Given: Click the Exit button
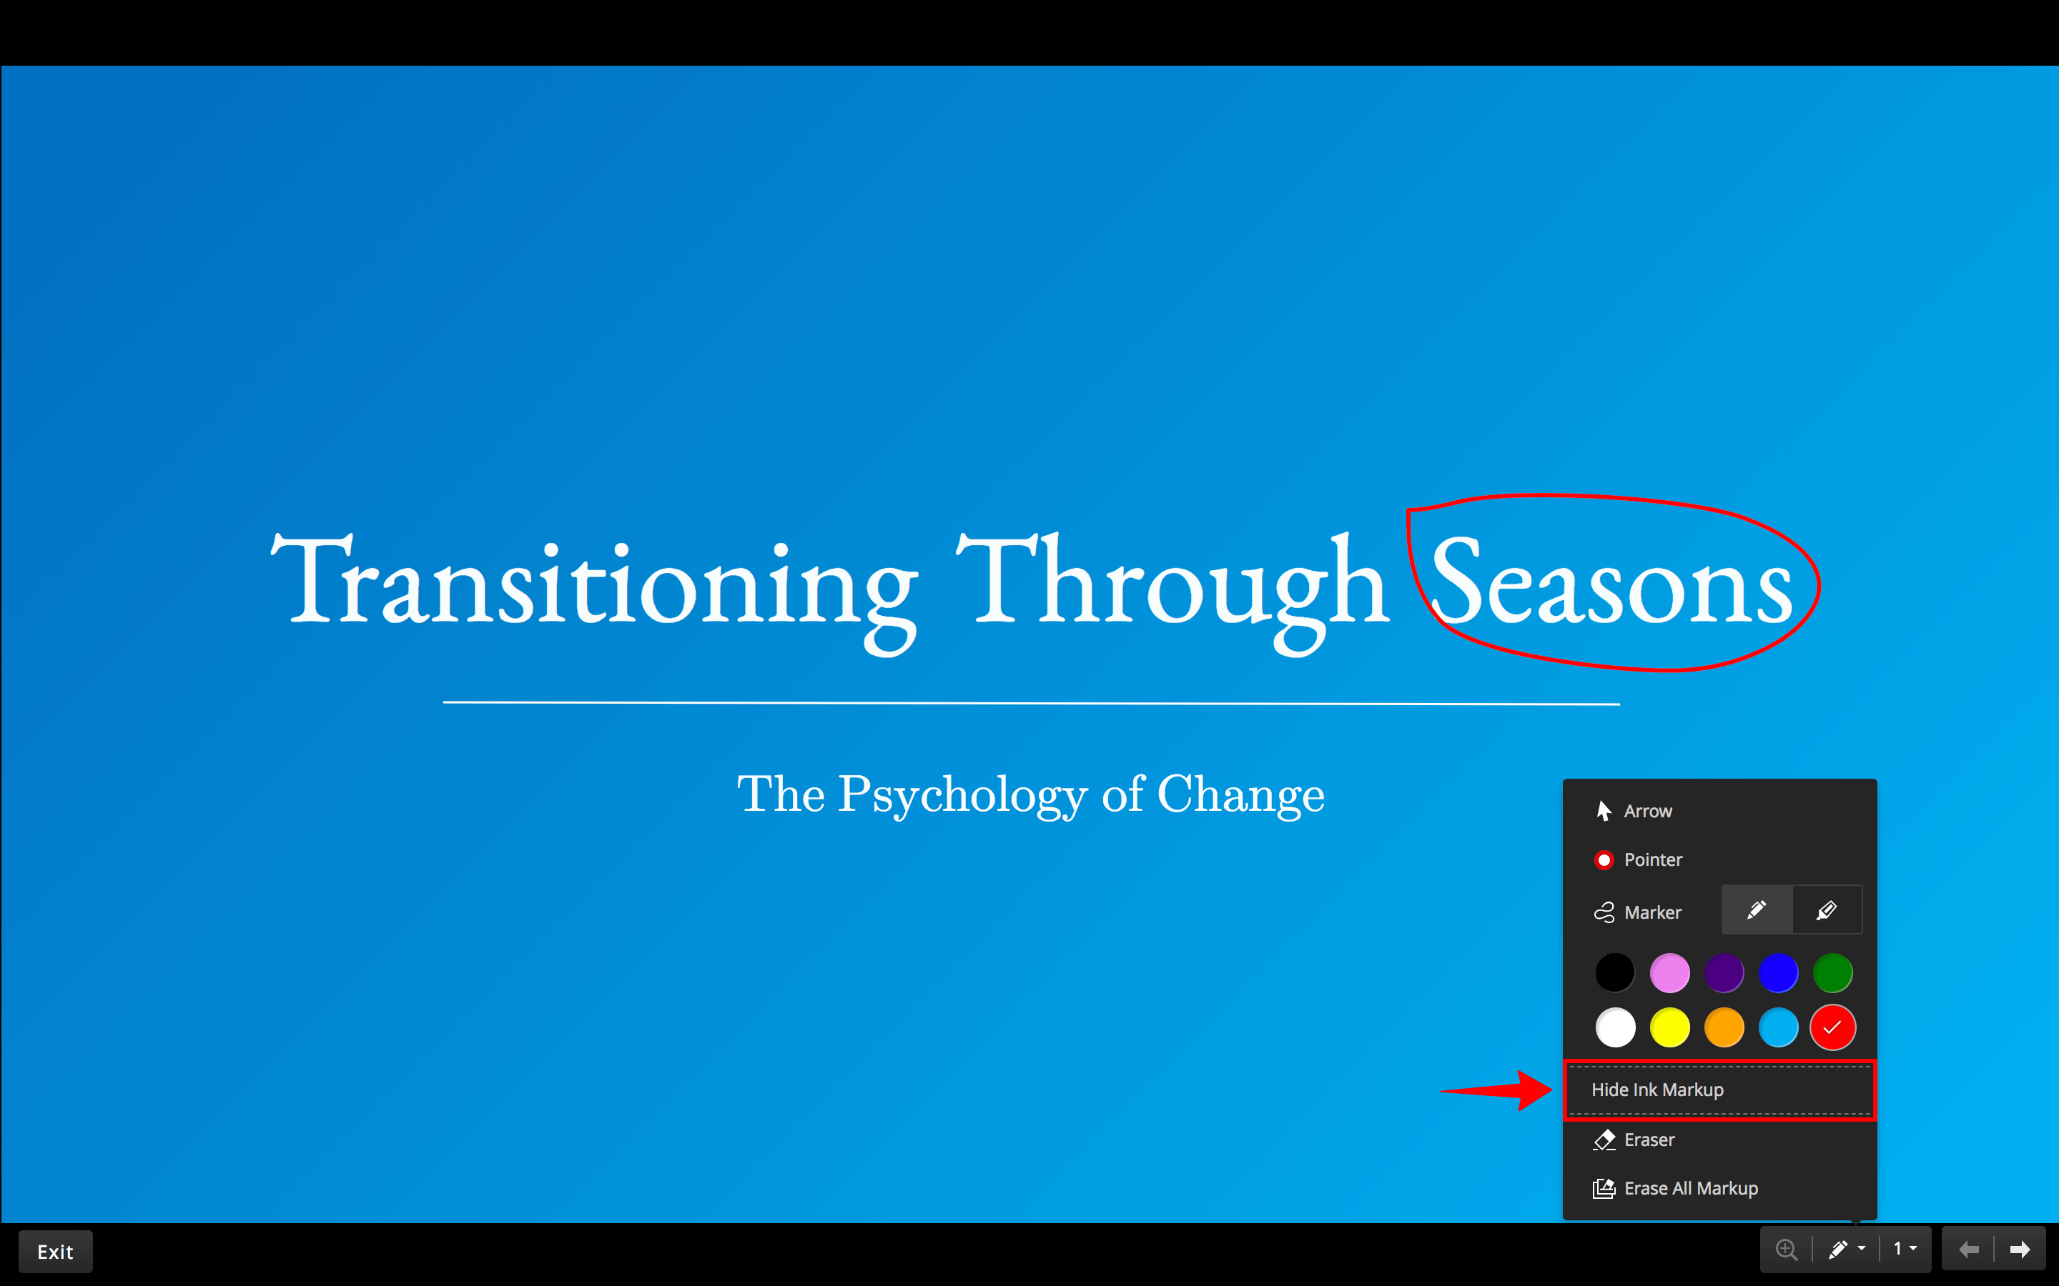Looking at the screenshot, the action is point(55,1251).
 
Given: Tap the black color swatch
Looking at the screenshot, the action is point(1615,973).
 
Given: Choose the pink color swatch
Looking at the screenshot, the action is point(1669,973).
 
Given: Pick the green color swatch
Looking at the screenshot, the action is point(1832,973).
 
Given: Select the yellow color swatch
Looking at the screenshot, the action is point(1669,1027).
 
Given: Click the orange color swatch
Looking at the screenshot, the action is point(1724,1027).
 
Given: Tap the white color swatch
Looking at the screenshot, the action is point(1615,1027).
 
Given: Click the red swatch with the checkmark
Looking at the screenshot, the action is point(1832,1027).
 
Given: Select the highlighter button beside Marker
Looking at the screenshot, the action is point(1827,911).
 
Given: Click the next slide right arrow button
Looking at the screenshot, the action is point(2020,1250).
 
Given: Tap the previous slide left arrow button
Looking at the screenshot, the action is point(1969,1250).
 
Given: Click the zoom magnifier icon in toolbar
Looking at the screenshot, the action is point(1787,1250).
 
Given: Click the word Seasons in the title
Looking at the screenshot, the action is point(1612,582).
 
